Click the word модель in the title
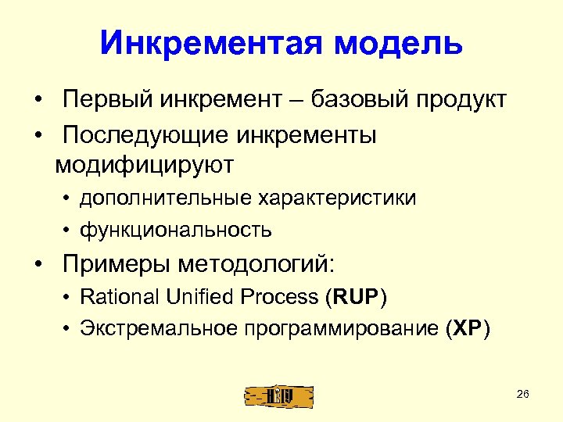[399, 44]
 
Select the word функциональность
[176, 230]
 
